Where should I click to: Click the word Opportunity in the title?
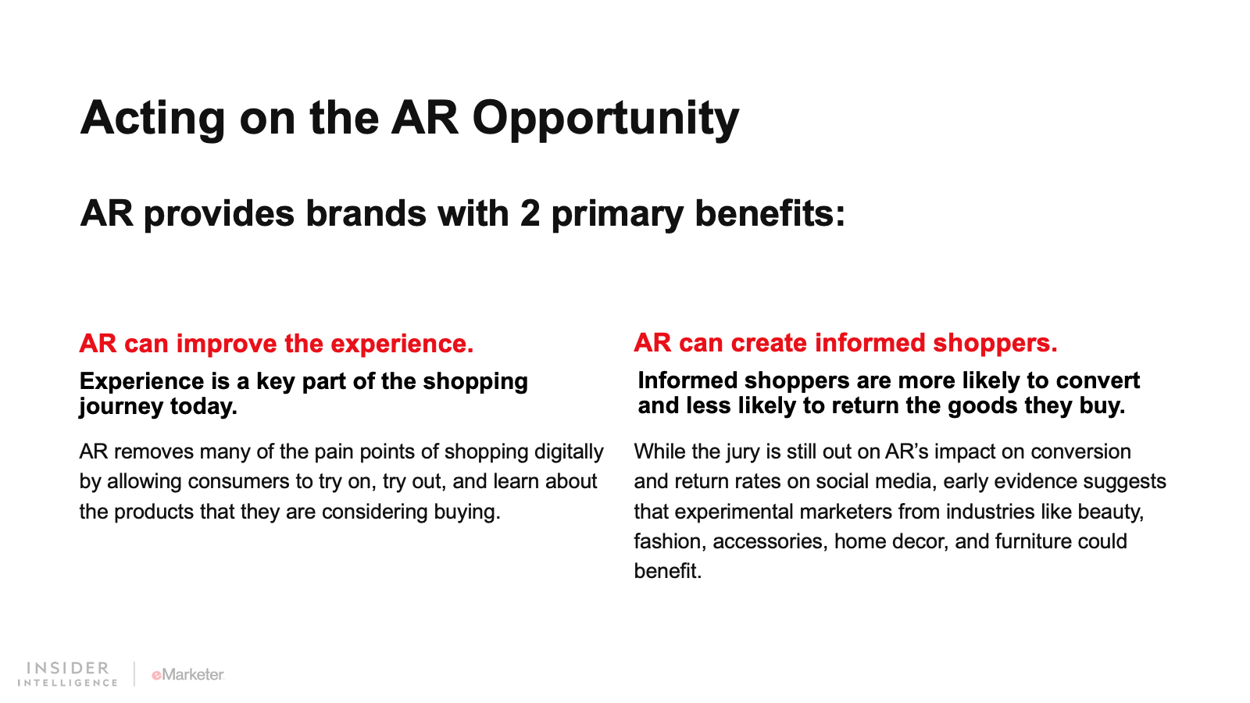pyautogui.click(x=605, y=119)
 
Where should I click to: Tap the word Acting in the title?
pyautogui.click(x=153, y=119)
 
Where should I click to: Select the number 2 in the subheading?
pyautogui.click(x=530, y=214)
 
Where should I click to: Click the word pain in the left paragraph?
pyautogui.click(x=333, y=452)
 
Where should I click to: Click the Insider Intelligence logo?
pyautogui.click(x=67, y=674)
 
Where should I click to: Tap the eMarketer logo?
pyautogui.click(x=187, y=675)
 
